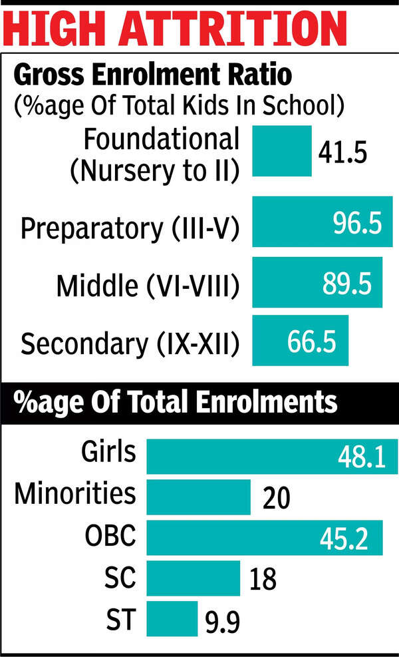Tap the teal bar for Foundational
point(282,152)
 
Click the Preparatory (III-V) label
point(130,228)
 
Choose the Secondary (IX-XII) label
point(130,343)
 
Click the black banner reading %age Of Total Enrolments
point(199,403)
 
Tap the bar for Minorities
point(198,497)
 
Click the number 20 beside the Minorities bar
point(274,498)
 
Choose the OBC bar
point(264,538)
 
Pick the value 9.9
point(221,622)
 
